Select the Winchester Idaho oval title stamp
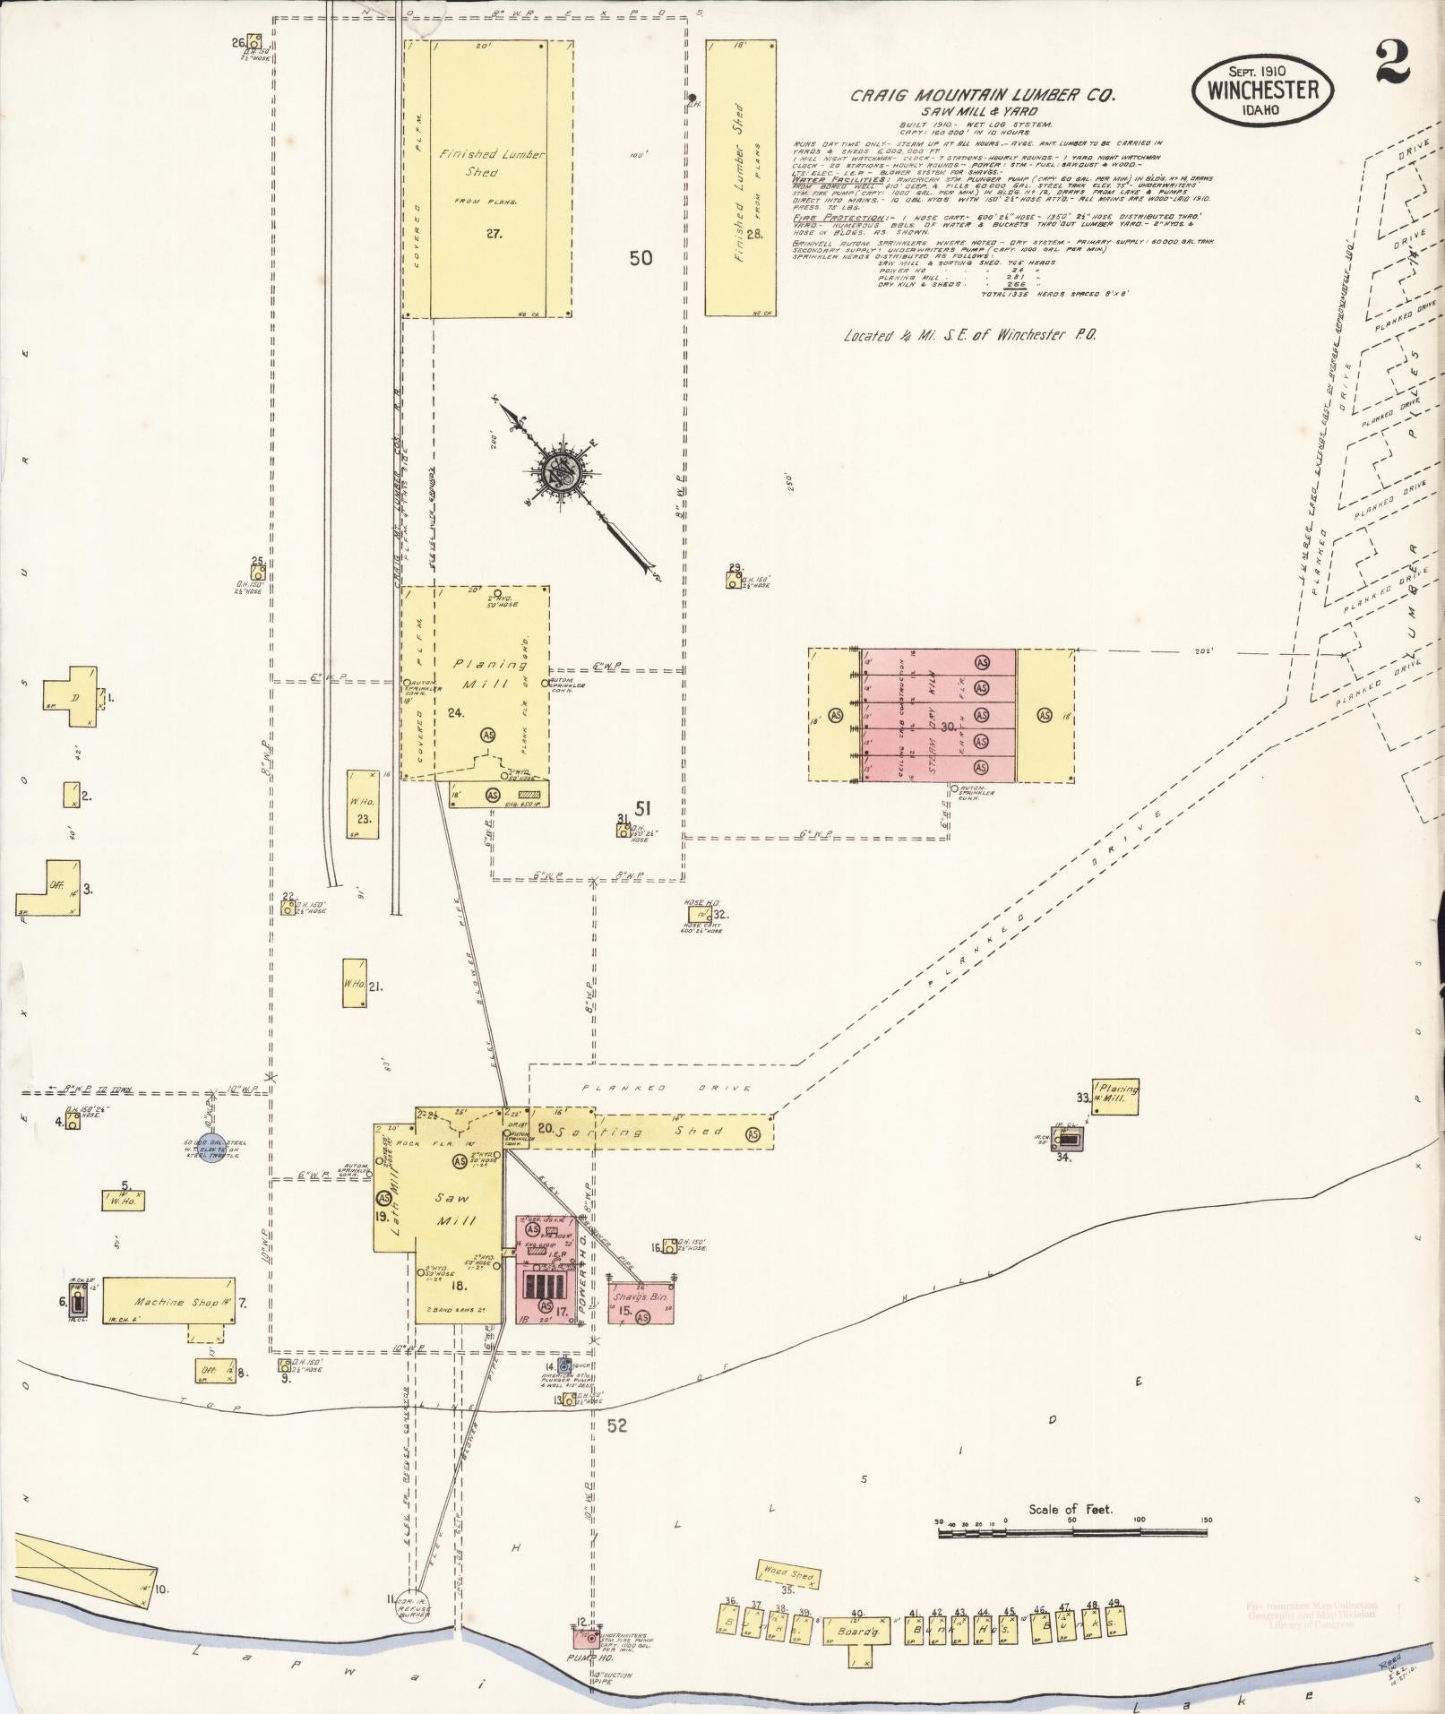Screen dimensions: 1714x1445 [1261, 90]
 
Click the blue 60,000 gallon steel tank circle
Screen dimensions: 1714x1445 [211, 1155]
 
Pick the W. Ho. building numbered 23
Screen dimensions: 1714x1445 [363, 804]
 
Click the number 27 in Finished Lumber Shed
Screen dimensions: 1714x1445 [493, 234]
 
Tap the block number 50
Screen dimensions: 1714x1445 [641, 258]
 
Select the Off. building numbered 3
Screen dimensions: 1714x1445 [54, 888]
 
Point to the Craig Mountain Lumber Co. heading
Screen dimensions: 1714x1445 [982, 96]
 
